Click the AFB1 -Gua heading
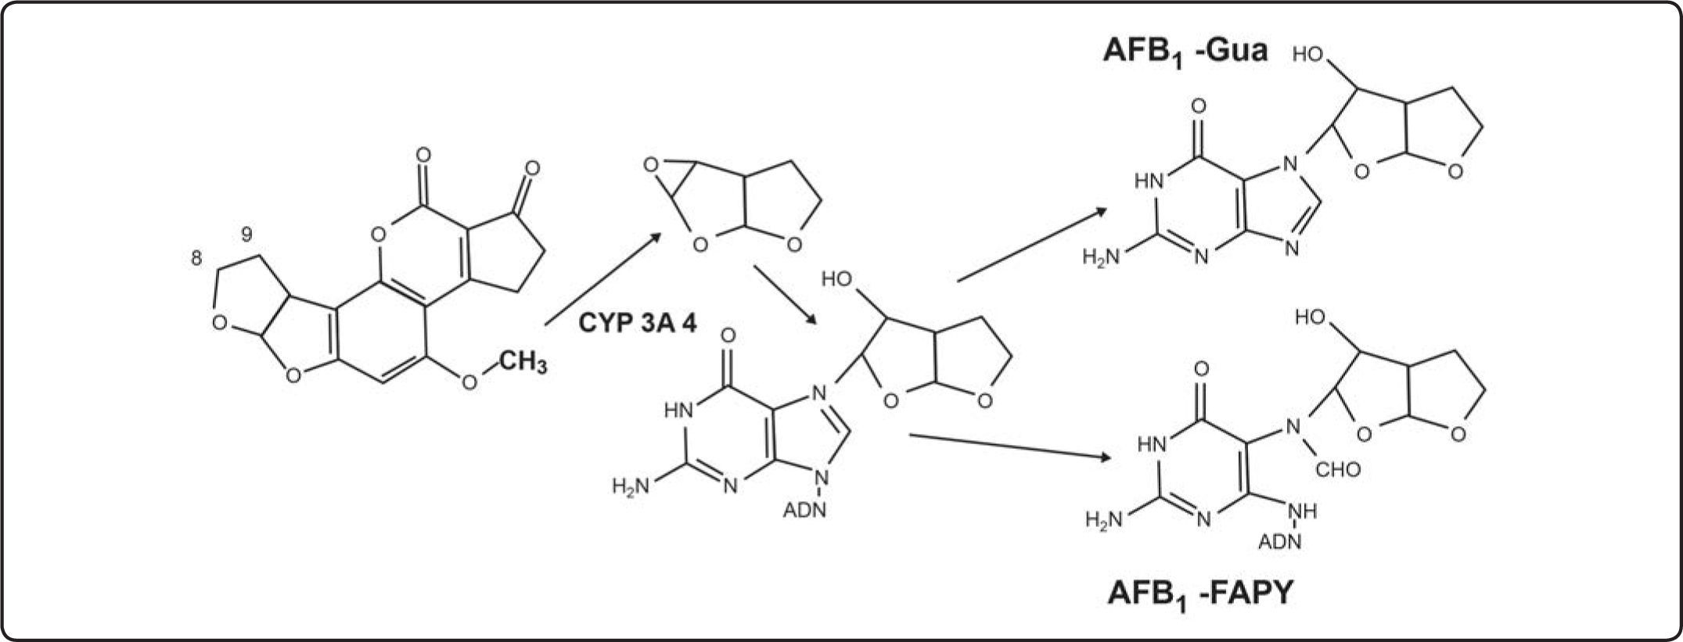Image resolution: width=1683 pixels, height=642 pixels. [x=1185, y=52]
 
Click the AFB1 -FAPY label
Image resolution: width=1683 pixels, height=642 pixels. [x=1200, y=594]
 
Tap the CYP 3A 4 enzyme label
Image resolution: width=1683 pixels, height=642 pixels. [x=637, y=323]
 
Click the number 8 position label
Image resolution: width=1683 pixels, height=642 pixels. [x=196, y=258]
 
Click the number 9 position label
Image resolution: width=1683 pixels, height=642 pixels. [x=246, y=233]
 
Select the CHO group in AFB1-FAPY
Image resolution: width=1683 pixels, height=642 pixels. [x=1338, y=470]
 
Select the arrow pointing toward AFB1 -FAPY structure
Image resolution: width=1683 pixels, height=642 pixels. [x=1009, y=447]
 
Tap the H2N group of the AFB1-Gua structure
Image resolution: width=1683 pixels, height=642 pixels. [x=1102, y=256]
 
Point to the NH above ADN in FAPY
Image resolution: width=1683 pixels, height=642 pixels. [x=1303, y=511]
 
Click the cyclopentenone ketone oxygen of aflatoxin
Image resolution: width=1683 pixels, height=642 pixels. [x=532, y=167]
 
